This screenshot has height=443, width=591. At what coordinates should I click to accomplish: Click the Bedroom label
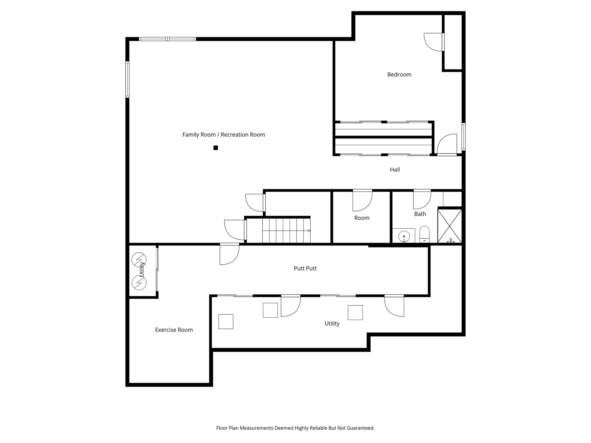pos(399,74)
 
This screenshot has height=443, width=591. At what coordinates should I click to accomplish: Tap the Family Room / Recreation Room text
pos(224,135)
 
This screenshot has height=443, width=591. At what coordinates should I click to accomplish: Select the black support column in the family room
pos(216,148)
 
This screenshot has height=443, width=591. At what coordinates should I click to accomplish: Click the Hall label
pos(395,170)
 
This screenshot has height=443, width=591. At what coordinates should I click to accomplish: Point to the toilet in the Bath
pos(424,234)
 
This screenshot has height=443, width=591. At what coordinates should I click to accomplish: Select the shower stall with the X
pos(450,226)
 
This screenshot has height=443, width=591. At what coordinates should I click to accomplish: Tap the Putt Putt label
pos(305,269)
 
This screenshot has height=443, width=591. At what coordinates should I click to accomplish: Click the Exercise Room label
pos(174,330)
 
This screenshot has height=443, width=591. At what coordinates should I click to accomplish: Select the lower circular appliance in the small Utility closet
pos(139,283)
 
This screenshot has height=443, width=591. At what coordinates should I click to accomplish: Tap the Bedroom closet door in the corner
pos(434,42)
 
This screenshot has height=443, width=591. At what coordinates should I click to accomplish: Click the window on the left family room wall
pos(127,79)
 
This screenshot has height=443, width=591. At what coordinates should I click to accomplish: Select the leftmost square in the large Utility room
pos(226,322)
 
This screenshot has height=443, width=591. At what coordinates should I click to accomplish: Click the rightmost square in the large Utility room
pos(355,313)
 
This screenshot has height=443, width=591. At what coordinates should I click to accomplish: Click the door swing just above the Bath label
pos(422,199)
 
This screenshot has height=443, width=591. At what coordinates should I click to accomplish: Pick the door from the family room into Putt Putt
pos(229,254)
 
